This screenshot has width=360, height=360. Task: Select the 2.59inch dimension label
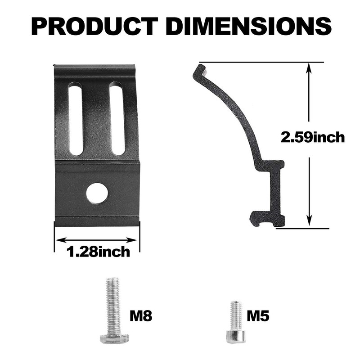pos(312,137)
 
